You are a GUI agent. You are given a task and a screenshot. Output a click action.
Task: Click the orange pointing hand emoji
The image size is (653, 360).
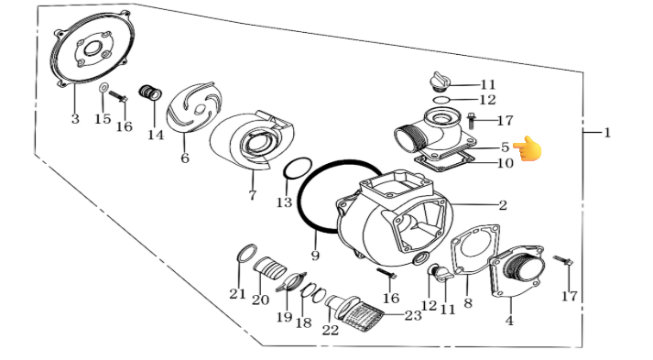click(528, 148)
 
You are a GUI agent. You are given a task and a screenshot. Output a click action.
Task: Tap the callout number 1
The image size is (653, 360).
click(607, 133)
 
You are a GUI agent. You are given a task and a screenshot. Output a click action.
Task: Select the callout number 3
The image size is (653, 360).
click(75, 119)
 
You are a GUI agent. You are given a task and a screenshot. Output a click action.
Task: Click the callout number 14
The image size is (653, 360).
click(156, 136)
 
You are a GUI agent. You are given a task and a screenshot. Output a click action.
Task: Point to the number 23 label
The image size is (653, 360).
click(413, 315)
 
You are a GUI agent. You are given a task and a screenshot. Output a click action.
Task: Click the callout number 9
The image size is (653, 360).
click(315, 255)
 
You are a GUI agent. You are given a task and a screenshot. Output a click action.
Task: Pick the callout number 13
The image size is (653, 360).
click(285, 202)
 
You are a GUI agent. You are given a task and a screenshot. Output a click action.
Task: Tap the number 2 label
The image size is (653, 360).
click(503, 205)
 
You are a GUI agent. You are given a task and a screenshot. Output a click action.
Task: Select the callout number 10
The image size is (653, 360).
click(506, 163)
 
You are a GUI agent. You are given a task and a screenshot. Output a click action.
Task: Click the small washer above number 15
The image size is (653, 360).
click(103, 88)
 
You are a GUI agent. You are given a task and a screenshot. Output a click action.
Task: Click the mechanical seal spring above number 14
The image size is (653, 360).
click(150, 93)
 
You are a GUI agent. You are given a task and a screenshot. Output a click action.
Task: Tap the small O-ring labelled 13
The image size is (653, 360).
click(298, 169)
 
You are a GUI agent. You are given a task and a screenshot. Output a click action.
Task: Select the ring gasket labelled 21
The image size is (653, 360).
click(246, 254)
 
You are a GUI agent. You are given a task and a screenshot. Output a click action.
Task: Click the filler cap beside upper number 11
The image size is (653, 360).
click(440, 81)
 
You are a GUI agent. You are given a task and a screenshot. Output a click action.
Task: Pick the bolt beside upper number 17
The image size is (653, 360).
click(472, 120)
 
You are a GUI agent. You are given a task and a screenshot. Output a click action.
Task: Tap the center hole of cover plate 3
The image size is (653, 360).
click(92, 49)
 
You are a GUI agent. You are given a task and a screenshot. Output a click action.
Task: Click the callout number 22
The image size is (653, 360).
click(331, 331)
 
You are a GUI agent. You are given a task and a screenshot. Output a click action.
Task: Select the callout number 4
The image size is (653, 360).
click(509, 321)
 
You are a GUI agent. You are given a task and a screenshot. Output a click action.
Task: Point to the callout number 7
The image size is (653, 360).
click(253, 195)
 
